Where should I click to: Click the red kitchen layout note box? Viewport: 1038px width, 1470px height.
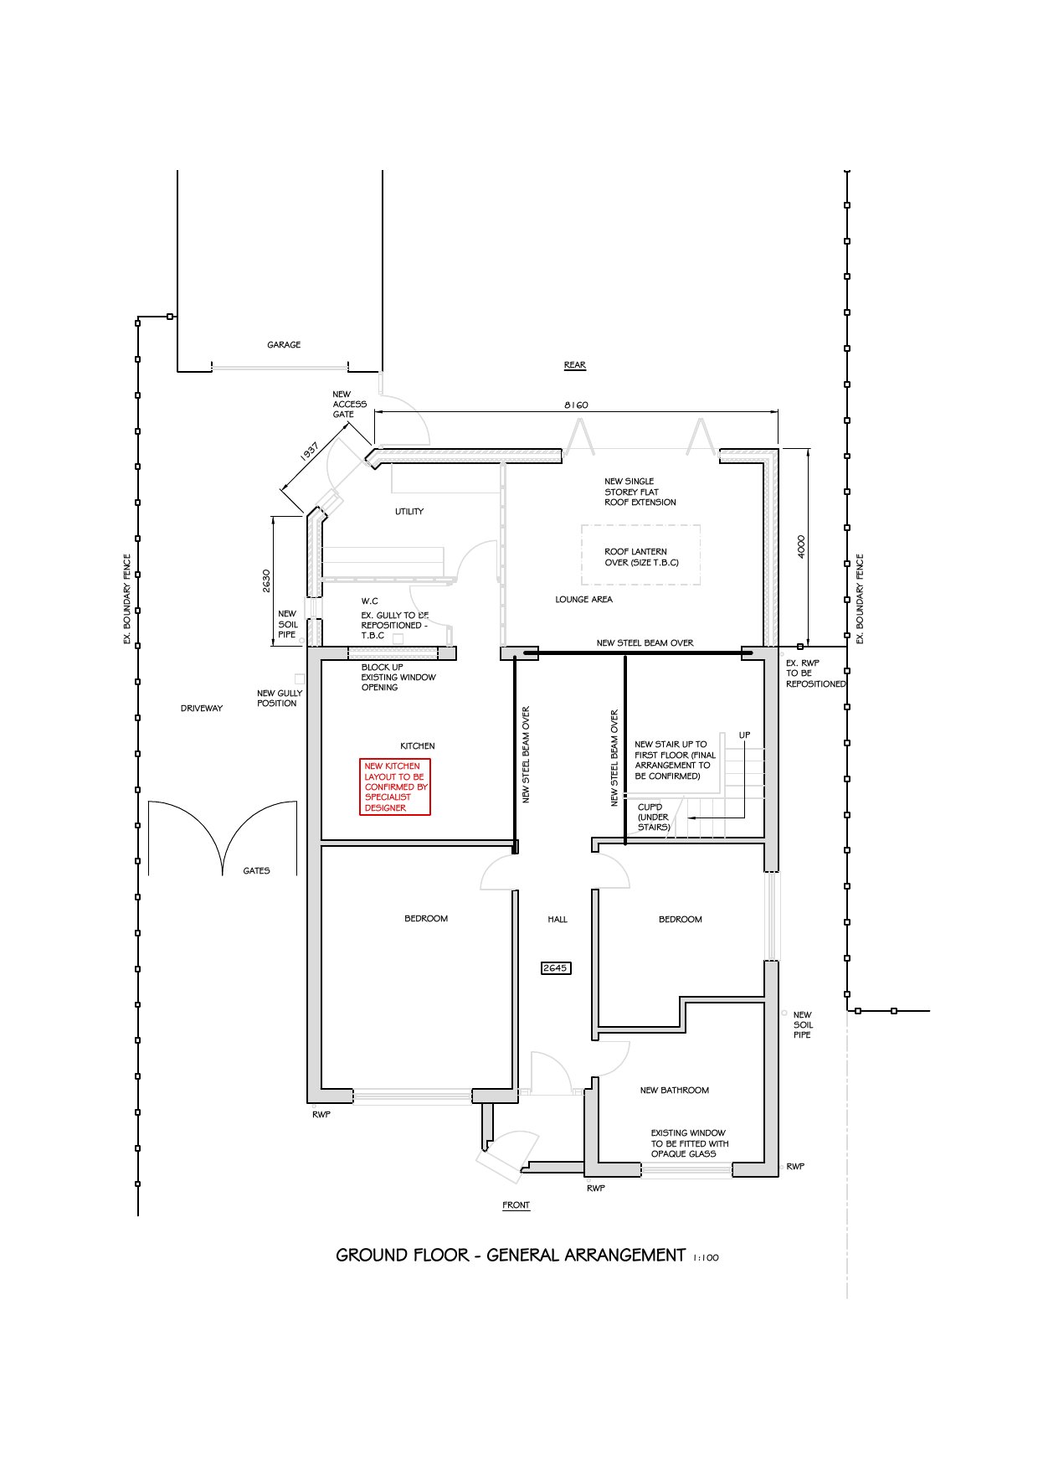(395, 787)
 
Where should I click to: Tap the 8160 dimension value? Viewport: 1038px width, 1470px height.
(576, 405)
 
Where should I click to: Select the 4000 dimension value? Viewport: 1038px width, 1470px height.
(801, 547)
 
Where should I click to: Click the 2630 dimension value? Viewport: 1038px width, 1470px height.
(266, 581)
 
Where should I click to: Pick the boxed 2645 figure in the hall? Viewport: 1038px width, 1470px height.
(555, 968)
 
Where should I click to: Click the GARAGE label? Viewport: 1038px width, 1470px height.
(284, 345)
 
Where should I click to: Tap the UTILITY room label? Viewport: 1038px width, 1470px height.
(409, 512)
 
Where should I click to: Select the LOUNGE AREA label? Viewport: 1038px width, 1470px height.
(583, 600)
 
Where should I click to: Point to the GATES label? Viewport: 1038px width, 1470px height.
(256, 871)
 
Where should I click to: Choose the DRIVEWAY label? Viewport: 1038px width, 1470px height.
(202, 709)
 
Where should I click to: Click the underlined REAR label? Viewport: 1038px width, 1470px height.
(575, 365)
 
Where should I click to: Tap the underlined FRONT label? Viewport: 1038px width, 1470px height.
(516, 1205)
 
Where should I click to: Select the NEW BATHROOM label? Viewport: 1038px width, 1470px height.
(674, 1091)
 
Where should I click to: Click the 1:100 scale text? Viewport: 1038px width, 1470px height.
(706, 1258)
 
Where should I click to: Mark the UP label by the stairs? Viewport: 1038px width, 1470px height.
(744, 735)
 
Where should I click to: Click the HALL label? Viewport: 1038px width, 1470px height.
(558, 920)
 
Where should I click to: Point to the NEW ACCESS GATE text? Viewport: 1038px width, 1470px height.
(349, 405)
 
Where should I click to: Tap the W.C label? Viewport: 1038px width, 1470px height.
(369, 601)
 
